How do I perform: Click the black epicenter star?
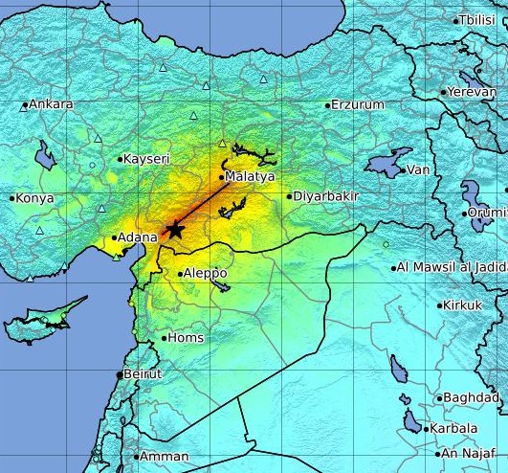174,229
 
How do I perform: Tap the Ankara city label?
51,104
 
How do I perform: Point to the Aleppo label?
205,273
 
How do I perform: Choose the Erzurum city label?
357,104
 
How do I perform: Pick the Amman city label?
164,457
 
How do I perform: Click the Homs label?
186,338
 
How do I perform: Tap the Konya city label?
34,198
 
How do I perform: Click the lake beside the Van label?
387,160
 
